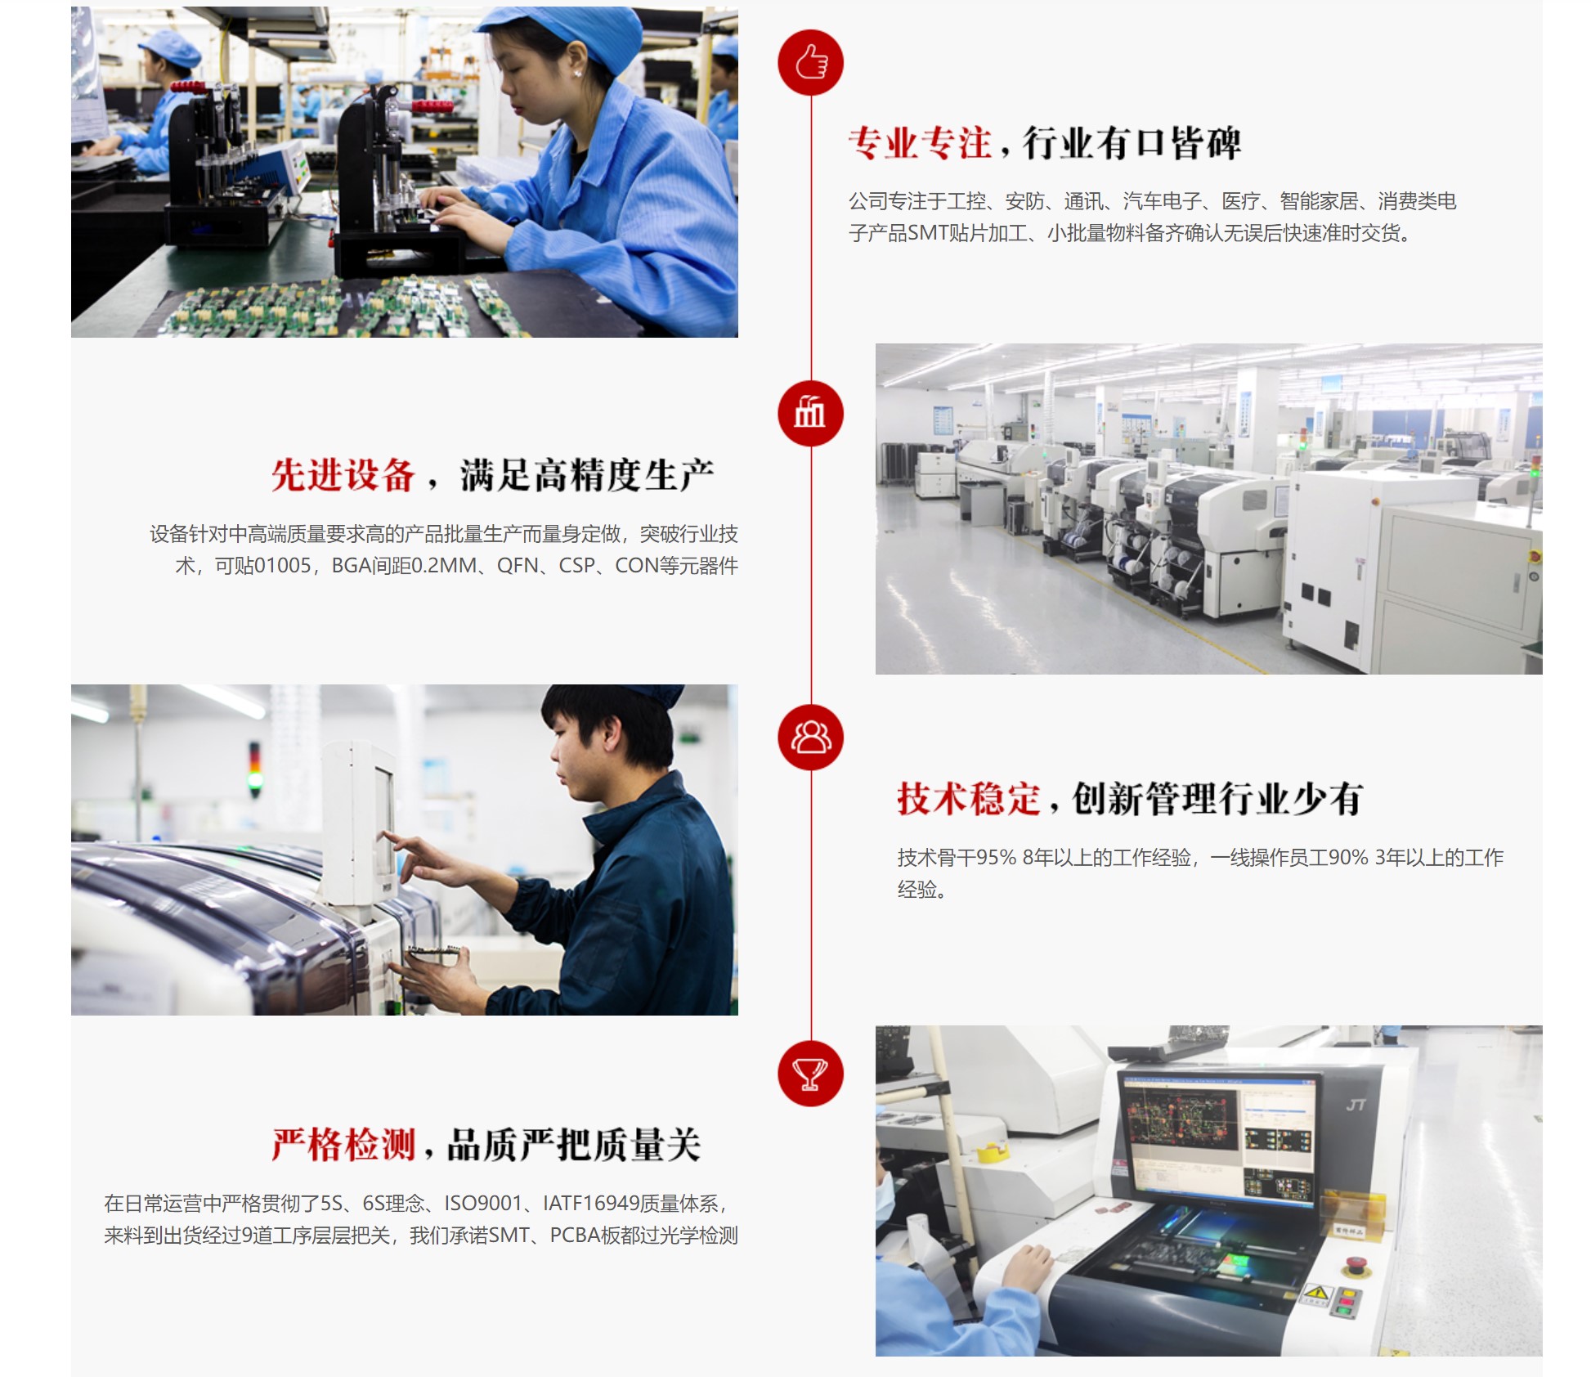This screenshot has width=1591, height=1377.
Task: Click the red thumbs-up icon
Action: [810, 63]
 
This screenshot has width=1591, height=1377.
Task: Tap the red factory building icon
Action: [810, 414]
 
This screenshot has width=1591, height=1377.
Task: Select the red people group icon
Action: [810, 737]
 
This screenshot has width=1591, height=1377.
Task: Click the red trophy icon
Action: [810, 1074]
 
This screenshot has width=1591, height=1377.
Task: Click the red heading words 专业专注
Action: [920, 143]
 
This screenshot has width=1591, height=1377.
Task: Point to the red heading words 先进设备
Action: [343, 475]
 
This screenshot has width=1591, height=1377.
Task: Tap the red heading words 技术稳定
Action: [969, 799]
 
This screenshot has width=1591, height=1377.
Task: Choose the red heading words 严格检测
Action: [343, 1145]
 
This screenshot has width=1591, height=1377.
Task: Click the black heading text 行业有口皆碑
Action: [1132, 143]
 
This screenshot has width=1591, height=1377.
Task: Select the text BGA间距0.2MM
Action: [404, 566]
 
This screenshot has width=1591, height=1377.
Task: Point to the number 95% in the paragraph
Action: [996, 858]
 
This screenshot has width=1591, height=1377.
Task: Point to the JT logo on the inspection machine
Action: [1356, 1106]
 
